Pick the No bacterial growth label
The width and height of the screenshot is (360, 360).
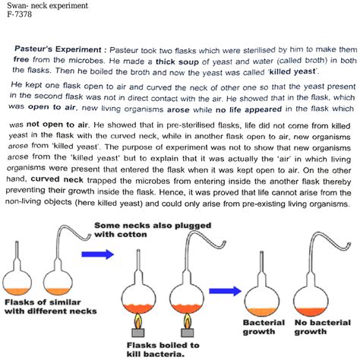click(x=315, y=327)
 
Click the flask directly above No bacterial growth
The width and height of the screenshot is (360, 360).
click(x=314, y=292)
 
